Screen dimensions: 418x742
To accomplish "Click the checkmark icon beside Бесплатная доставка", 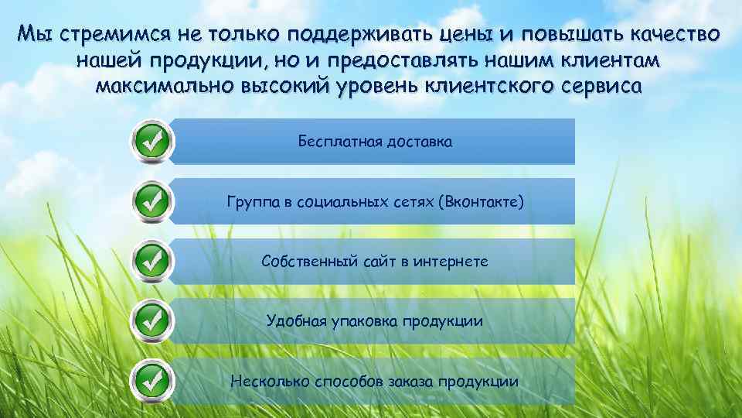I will pos(152,142).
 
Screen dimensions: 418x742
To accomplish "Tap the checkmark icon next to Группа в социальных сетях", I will pos(152,201).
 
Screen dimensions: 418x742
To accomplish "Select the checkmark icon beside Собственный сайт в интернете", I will pos(152,261).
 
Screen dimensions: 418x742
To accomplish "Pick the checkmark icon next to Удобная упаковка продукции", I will pos(152,320).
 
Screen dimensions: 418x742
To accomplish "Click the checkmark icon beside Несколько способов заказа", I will pos(152,380).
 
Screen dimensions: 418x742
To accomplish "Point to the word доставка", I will pos(417,142).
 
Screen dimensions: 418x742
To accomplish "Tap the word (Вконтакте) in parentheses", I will pos(480,203).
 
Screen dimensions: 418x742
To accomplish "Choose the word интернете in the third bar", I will pos(451,262).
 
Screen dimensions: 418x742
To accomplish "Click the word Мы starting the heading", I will pos(36,35).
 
